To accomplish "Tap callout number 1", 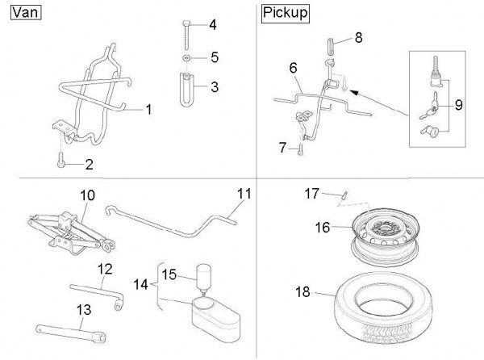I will [x=148, y=108].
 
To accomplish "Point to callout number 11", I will [x=244, y=194].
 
